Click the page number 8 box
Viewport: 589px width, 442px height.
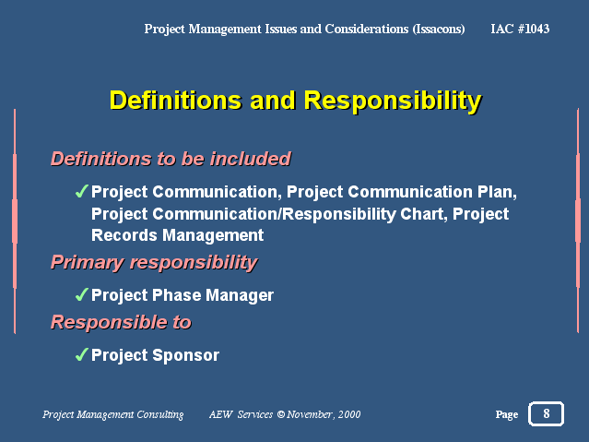(546, 413)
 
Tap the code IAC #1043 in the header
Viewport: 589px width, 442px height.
(520, 29)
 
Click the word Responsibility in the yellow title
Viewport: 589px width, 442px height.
(393, 101)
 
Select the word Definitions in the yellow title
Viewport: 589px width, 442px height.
(176, 101)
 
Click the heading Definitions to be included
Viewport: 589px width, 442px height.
(171, 159)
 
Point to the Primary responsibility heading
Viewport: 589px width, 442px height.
(154, 263)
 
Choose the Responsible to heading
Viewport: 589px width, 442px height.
(122, 322)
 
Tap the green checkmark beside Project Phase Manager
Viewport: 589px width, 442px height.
(81, 294)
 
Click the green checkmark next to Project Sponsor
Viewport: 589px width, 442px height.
(81, 354)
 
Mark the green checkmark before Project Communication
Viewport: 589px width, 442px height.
(81, 191)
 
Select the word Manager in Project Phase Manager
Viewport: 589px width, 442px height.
(240, 295)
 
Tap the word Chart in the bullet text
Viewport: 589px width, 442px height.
(424, 214)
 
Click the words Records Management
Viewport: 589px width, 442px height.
(177, 236)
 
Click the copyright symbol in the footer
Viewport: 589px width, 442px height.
(281, 414)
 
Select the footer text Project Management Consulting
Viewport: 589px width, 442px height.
(113, 414)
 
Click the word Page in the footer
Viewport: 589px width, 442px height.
(507, 414)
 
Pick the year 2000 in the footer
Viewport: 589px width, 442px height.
(349, 414)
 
